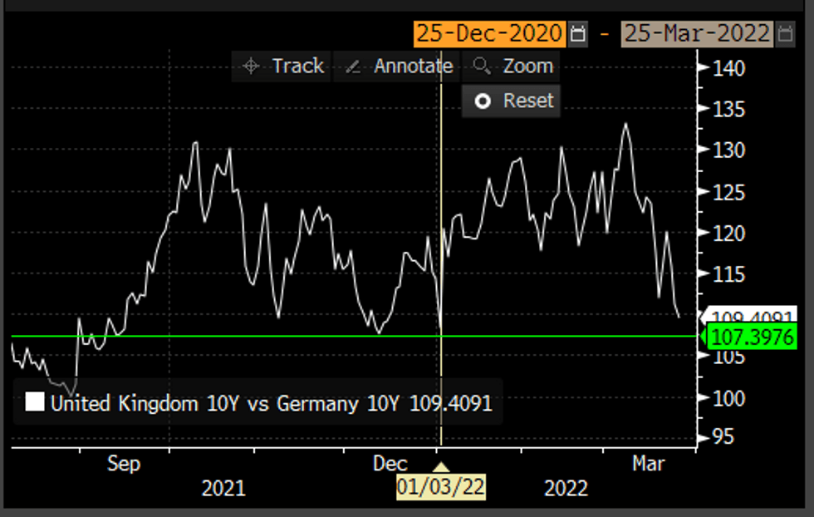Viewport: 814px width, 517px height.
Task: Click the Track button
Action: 283,66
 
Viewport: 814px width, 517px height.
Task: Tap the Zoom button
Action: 514,66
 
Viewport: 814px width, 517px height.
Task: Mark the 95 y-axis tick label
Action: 723,436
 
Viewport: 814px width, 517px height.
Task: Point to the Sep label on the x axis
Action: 124,463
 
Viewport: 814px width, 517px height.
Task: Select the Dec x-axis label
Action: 390,463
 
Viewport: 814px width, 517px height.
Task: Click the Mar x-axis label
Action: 648,463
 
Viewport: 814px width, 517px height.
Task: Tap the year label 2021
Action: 223,488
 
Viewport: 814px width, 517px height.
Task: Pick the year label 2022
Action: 566,488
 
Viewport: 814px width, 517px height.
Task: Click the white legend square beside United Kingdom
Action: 36,404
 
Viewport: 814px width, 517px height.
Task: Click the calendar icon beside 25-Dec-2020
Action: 579,34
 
